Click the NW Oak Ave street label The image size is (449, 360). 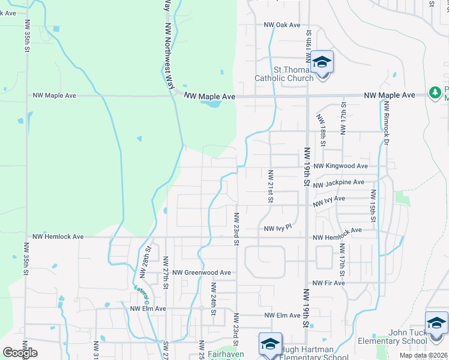click(x=282, y=25)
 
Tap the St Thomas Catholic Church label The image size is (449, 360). click(x=284, y=74)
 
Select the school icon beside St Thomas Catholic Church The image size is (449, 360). click(x=322, y=62)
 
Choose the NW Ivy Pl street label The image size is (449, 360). click(x=277, y=228)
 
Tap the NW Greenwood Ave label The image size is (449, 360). click(x=202, y=272)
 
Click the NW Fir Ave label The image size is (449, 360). click(x=326, y=283)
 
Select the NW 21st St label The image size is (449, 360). click(x=271, y=186)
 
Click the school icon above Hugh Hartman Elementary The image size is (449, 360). click(x=270, y=344)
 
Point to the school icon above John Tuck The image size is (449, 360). click(x=436, y=324)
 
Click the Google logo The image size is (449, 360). click(x=19, y=353)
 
